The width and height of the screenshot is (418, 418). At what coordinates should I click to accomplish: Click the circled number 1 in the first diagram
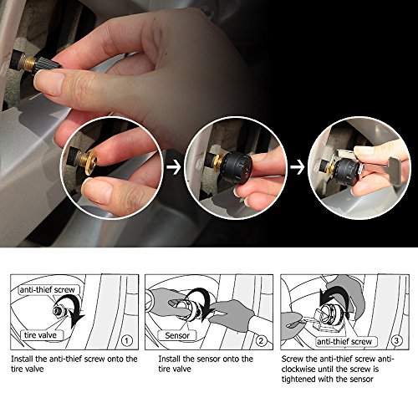pyautogui.click(x=127, y=341)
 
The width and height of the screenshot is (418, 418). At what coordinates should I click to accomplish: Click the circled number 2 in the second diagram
pyautogui.click(x=261, y=341)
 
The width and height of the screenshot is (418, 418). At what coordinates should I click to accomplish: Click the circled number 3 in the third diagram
pyautogui.click(x=396, y=340)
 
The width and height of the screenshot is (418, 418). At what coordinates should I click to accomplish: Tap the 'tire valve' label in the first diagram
pyautogui.click(x=40, y=335)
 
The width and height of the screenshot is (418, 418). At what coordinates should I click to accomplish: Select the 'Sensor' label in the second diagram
pyautogui.click(x=177, y=335)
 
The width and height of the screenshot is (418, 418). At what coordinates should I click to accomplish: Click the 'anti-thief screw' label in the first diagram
pyautogui.click(x=48, y=290)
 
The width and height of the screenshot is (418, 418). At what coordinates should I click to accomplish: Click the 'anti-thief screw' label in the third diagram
pyautogui.click(x=344, y=342)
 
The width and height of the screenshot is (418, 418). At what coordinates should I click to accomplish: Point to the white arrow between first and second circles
pyautogui.click(x=174, y=167)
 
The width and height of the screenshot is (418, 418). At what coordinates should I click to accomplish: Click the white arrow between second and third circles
pyautogui.click(x=298, y=167)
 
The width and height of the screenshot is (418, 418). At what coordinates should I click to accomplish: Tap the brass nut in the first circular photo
pyautogui.click(x=90, y=162)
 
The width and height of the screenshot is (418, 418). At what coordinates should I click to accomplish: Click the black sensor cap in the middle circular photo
pyautogui.click(x=237, y=167)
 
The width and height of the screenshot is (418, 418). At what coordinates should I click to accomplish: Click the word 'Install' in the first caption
pyautogui.click(x=23, y=359)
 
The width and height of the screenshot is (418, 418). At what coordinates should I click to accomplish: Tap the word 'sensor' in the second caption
pyautogui.click(x=207, y=359)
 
